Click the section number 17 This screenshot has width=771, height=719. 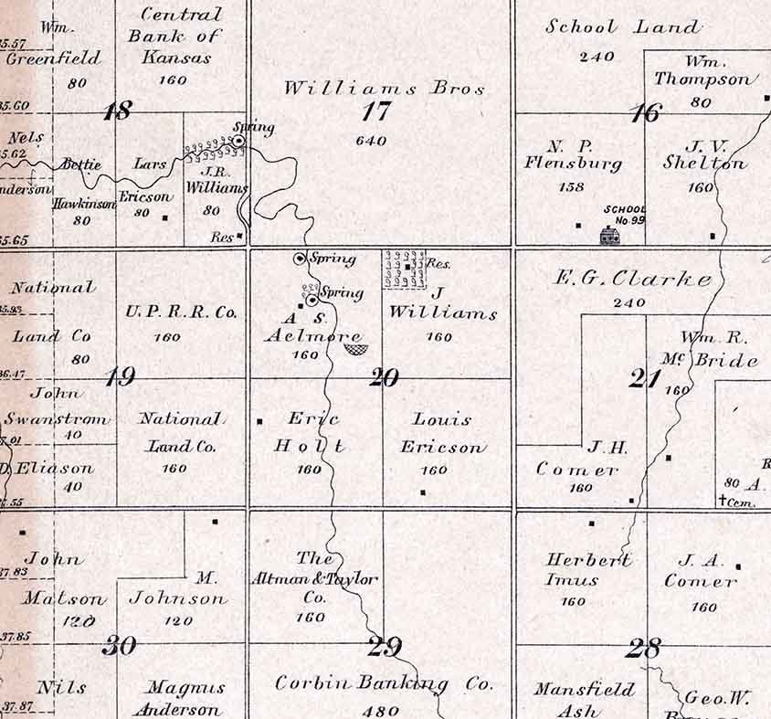(375, 111)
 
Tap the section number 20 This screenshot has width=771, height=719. (384, 376)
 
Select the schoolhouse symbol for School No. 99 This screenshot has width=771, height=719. (608, 235)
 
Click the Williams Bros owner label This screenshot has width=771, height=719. (384, 89)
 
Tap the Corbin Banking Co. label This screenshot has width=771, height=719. (384, 683)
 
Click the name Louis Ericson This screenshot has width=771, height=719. (442, 433)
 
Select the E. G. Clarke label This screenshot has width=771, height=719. (634, 278)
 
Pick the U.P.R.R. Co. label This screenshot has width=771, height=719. (180, 312)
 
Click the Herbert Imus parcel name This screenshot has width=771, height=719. (587, 569)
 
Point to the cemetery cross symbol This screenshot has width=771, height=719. (723, 500)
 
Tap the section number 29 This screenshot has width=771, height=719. (385, 647)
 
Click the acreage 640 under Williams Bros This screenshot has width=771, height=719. (372, 141)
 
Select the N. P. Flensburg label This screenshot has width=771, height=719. (573, 155)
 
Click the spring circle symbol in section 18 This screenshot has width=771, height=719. (239, 141)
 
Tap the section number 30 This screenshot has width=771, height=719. (119, 646)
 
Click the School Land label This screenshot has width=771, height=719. (623, 26)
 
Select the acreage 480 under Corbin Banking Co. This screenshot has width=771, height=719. (381, 710)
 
